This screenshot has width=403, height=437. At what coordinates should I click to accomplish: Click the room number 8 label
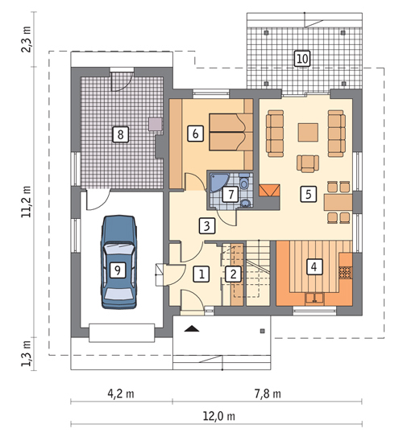pos(120,134)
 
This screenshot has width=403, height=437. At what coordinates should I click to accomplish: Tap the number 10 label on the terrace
pos(302,59)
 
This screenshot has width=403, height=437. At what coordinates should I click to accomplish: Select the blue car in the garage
pos(119,262)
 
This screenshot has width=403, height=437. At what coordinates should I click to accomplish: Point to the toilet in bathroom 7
pos(244,182)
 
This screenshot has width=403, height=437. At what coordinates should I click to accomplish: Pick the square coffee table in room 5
pos(308,132)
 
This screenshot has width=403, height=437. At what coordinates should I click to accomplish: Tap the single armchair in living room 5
pos(308,163)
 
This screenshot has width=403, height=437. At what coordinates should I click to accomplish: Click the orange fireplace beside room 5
pos(269,191)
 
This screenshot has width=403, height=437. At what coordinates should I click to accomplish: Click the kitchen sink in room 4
pos(314,299)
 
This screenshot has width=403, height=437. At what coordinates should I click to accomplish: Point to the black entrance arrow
pos(192,328)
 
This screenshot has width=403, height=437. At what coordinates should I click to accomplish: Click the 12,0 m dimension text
pos(219,416)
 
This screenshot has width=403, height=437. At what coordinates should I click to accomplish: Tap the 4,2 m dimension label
pos(121,394)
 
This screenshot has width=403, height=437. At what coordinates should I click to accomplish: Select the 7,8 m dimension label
pos(268,394)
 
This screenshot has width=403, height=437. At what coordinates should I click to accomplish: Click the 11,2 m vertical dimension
pos(27,201)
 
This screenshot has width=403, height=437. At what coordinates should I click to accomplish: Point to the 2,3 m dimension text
pos(27,39)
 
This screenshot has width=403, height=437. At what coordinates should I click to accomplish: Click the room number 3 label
pos(207,225)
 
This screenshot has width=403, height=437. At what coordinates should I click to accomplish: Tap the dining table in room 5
pos(338,202)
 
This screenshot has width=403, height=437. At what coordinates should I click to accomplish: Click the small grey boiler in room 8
pos(156,124)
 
